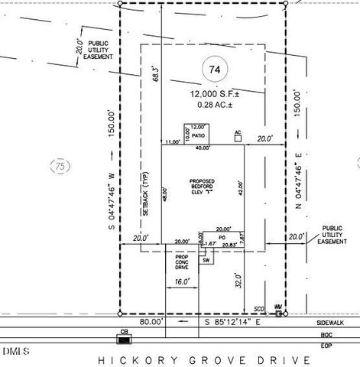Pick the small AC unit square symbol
click(x=238, y=138)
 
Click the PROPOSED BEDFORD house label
click(x=203, y=185)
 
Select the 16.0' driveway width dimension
click(x=182, y=282)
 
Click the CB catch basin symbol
click(x=124, y=334)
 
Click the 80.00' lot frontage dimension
click(x=151, y=323)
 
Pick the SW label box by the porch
click(x=206, y=260)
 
